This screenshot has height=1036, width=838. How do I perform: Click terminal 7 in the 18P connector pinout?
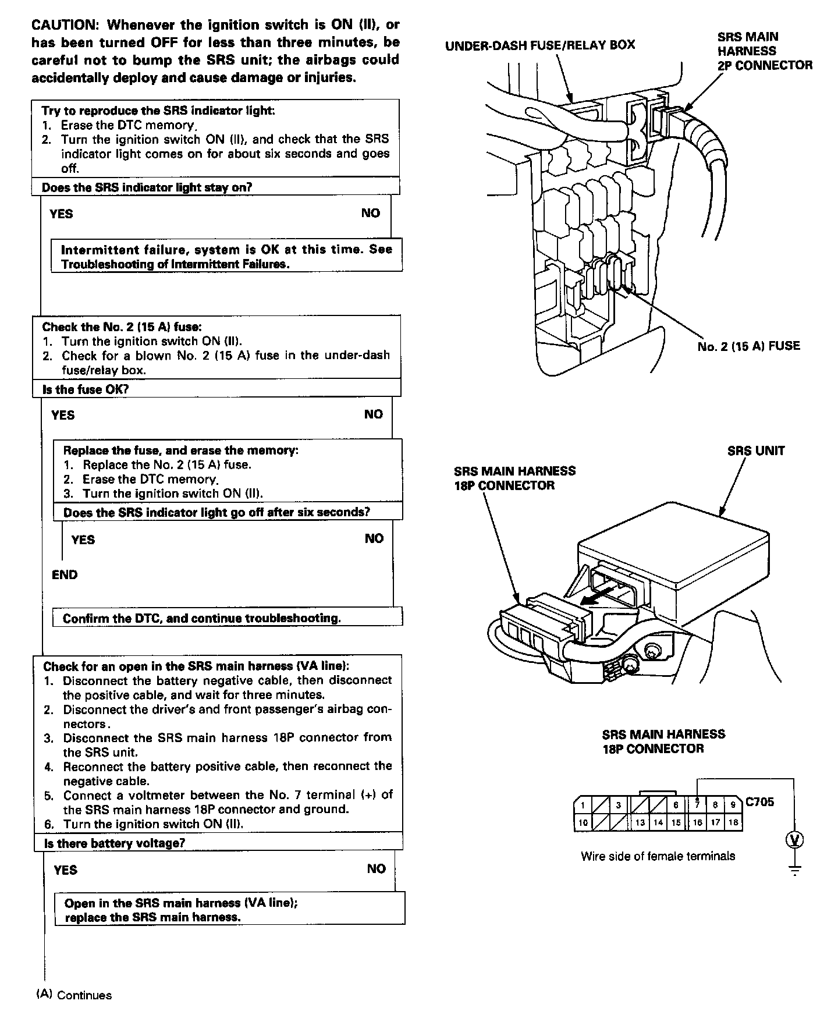pyautogui.click(x=697, y=806)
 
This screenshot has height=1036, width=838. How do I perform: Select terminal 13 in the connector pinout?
pyautogui.click(x=640, y=822)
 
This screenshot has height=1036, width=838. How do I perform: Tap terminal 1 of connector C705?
pyautogui.click(x=583, y=806)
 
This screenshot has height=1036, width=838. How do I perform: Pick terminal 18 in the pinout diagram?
pyautogui.click(x=733, y=822)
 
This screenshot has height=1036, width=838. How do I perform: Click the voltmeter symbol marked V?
pyautogui.click(x=794, y=839)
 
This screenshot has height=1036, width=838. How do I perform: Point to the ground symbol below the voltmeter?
pyautogui.click(x=794, y=871)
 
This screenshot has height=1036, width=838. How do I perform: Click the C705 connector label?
pyautogui.click(x=759, y=802)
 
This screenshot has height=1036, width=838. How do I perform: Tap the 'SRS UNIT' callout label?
pyautogui.click(x=755, y=451)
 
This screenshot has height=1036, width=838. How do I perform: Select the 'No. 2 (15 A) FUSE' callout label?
pyautogui.click(x=748, y=346)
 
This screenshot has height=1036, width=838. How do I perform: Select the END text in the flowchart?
pyautogui.click(x=65, y=575)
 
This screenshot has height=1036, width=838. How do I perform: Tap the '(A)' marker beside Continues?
pyautogui.click(x=44, y=994)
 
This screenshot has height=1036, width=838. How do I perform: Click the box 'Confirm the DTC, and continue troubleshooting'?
pyautogui.click(x=202, y=618)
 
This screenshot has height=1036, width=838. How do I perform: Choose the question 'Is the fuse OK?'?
pyautogui.click(x=85, y=389)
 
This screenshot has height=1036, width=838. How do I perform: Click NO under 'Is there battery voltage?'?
pyautogui.click(x=376, y=869)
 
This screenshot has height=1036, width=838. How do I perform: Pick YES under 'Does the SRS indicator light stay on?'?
pyautogui.click(x=61, y=214)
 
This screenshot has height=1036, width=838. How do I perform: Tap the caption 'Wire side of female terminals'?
pyautogui.click(x=658, y=856)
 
